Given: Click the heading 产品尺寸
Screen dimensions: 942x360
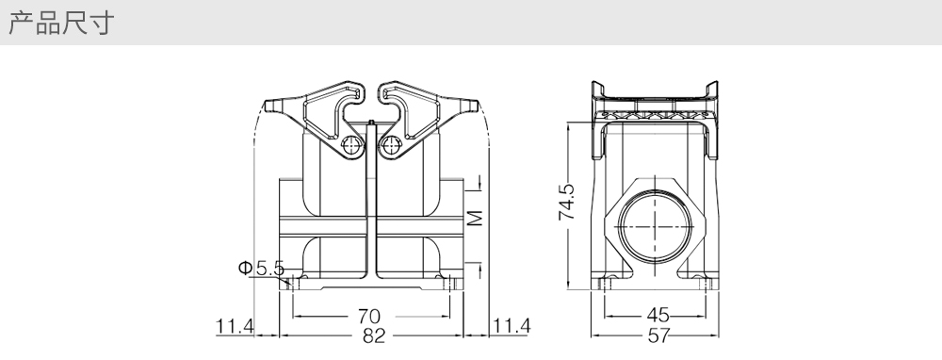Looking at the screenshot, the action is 60,23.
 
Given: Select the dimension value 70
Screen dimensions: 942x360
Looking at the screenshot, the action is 369,316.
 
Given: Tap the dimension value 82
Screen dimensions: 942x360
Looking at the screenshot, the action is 373,335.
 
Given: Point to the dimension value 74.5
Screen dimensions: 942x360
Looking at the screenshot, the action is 566,202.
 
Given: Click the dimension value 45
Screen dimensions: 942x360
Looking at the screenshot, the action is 658,315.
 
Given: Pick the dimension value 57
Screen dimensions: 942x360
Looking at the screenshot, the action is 658,335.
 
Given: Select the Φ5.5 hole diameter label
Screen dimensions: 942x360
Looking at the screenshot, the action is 261,268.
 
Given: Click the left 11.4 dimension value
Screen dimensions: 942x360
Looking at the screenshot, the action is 235,326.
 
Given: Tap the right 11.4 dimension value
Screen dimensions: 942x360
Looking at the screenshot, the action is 512,326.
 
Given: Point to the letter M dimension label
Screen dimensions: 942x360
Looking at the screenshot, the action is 475,218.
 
